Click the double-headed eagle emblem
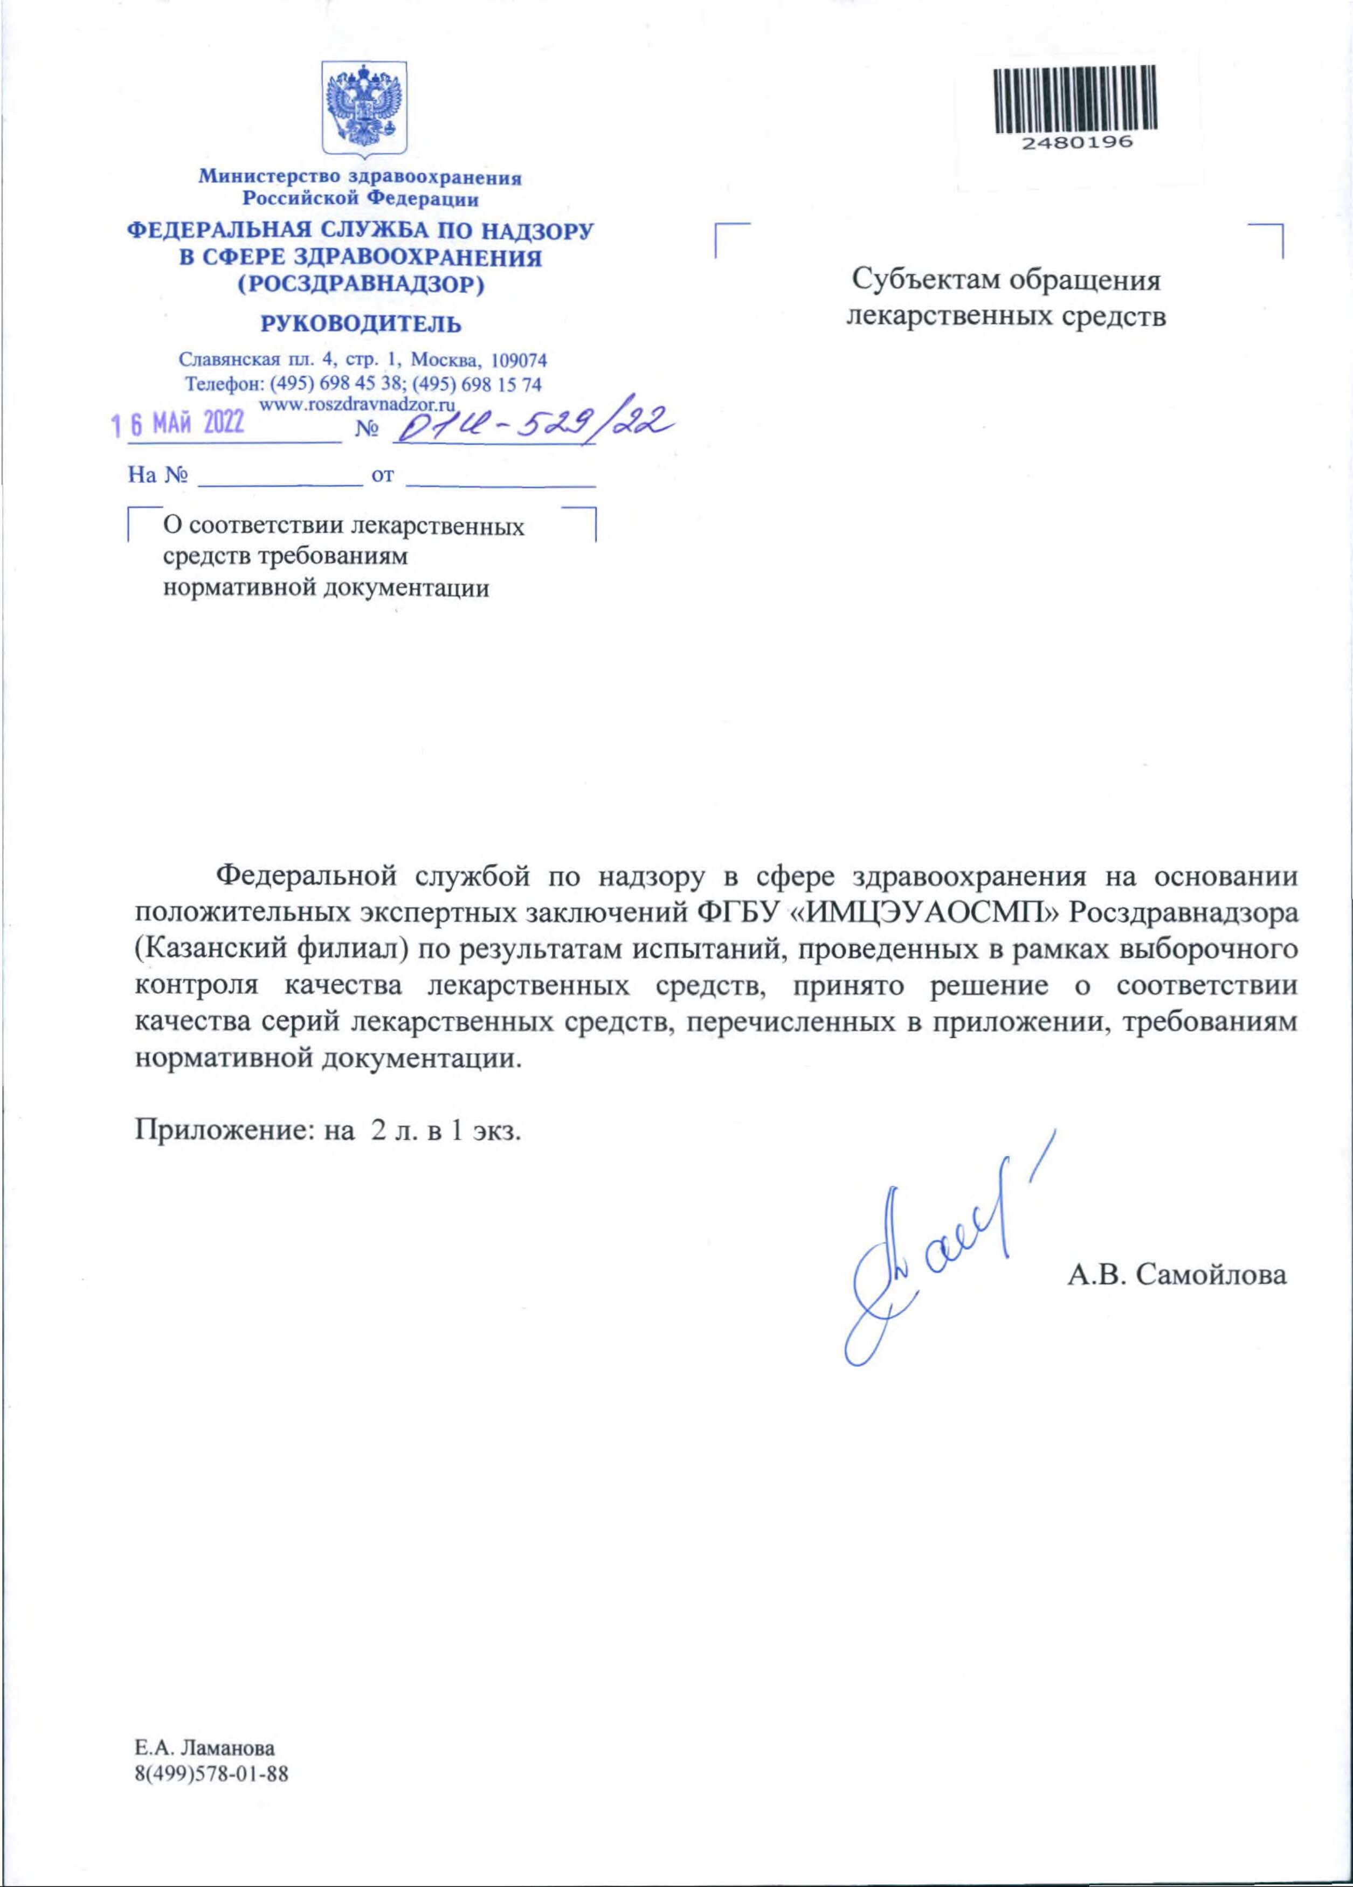[x=364, y=109]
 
